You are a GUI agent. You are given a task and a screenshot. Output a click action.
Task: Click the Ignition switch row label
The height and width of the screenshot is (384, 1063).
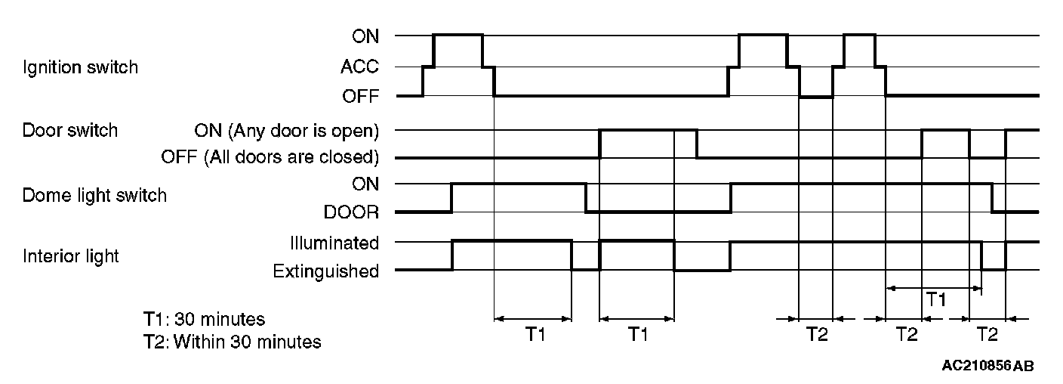coord(80,67)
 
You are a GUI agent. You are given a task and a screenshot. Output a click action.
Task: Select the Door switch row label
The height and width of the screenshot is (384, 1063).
coord(69,130)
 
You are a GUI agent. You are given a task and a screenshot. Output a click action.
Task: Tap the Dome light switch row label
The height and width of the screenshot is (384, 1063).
coord(94,196)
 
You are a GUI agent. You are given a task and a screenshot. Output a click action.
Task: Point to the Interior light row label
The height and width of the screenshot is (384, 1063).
coord(70,256)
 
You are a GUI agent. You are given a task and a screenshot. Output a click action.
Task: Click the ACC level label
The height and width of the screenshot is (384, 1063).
coord(359,67)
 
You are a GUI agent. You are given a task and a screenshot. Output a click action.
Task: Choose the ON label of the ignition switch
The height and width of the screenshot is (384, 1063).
coord(365,36)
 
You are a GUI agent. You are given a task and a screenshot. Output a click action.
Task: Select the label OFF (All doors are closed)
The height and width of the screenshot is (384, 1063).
coord(270,158)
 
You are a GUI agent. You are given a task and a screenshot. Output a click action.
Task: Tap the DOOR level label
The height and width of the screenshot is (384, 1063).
coord(353,212)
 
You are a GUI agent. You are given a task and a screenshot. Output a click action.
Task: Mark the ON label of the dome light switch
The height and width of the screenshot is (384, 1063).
coord(365,184)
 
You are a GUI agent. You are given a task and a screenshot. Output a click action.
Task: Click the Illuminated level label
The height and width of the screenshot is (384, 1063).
coord(334,243)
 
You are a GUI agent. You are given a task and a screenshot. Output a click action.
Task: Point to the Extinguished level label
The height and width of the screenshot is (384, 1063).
coord(326,271)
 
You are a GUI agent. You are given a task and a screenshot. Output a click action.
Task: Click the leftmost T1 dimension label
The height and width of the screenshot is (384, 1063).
coord(535,335)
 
